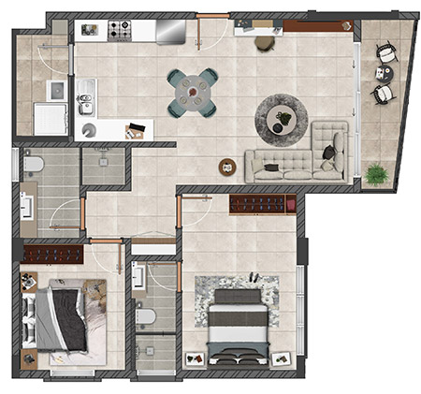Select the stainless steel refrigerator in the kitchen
click(170, 31)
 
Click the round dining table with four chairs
click(193, 92)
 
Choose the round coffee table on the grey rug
click(281, 119)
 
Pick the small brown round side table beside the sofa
click(227, 168)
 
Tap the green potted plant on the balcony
click(377, 173)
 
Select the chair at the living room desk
click(265, 42)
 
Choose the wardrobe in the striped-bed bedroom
click(263, 203)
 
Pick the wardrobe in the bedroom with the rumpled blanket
click(53, 252)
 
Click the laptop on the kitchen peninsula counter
click(135, 129)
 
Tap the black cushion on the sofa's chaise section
click(328, 151)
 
